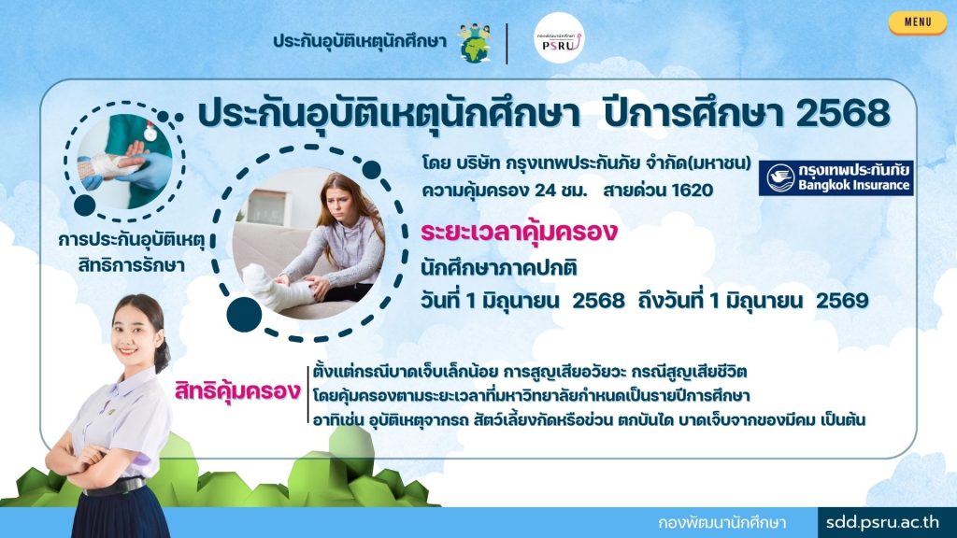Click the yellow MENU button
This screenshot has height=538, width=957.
coord(918,22)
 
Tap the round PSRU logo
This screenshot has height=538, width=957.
coord(559,38)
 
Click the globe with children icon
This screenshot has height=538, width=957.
coord(475,43)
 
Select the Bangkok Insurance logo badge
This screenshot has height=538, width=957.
coord(836,177)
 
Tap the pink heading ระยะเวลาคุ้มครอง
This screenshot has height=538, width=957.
coord(519,233)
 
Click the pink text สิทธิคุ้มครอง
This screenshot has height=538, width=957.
coord(237,391)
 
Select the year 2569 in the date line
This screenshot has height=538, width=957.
coord(842,300)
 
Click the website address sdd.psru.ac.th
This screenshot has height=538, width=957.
coord(882,522)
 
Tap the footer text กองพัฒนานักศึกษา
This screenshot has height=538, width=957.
coord(722,523)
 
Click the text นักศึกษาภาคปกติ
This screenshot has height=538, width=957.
coord(499,267)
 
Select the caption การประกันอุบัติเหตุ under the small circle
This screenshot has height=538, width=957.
coord(132,240)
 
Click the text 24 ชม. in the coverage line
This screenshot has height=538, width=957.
coord(561,191)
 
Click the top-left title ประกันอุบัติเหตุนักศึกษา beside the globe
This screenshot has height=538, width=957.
coord(360,41)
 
